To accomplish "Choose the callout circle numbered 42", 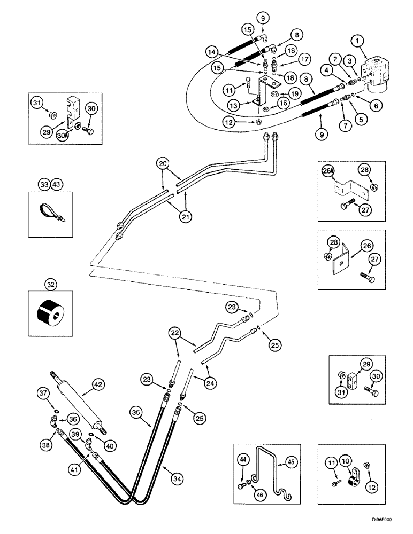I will point(97,383).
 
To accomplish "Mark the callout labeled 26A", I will point(327,171).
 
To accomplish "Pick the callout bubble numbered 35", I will point(136,412).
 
